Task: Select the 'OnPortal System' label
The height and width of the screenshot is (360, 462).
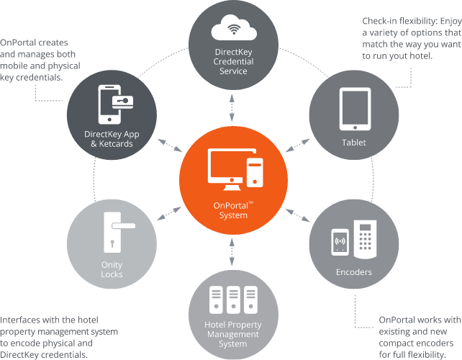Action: click(x=230, y=210)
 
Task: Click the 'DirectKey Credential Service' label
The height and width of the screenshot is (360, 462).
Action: click(x=230, y=61)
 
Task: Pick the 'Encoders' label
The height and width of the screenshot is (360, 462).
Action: click(x=354, y=273)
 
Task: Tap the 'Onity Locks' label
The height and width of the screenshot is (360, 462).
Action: click(x=112, y=269)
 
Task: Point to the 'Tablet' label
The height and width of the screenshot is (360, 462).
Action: click(x=354, y=143)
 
